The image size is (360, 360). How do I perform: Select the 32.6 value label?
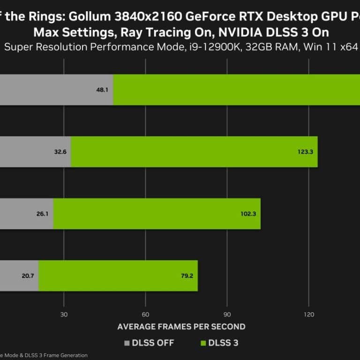point(60,151)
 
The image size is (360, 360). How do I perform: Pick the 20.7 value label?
point(28,276)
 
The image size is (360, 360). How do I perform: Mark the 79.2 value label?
point(187,276)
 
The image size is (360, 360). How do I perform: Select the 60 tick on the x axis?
point(146,315)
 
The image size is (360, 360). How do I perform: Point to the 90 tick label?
point(227,315)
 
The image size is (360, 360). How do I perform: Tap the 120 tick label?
point(308,315)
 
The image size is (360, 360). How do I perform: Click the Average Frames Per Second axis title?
point(181,326)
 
